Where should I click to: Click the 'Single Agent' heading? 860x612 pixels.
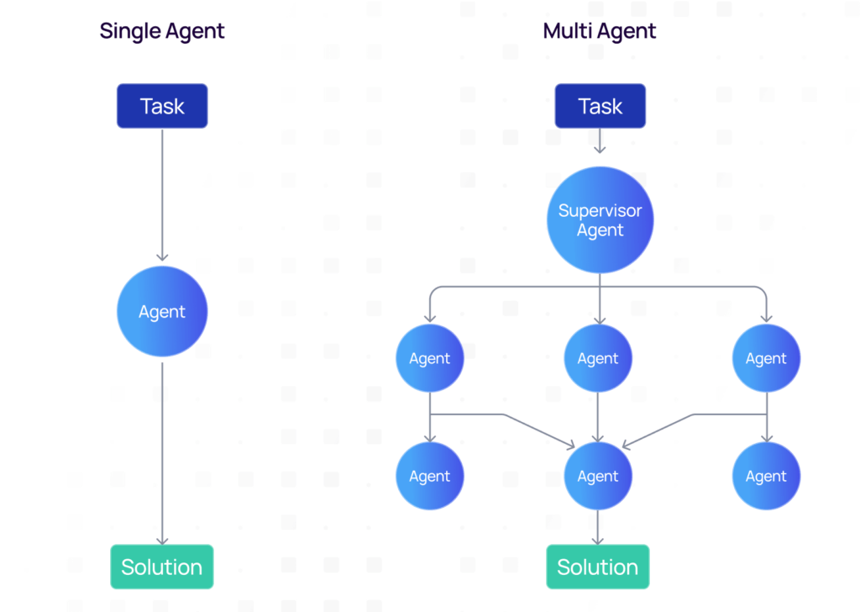(x=162, y=32)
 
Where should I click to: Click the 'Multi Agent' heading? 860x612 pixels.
(x=599, y=32)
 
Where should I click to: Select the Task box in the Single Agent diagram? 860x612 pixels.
(x=162, y=106)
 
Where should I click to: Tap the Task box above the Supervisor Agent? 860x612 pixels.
(x=600, y=106)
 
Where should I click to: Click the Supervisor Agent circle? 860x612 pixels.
(x=600, y=220)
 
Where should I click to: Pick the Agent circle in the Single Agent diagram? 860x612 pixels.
(x=162, y=312)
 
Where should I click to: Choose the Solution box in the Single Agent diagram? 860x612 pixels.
(x=162, y=567)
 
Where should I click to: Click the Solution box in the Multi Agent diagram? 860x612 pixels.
(x=598, y=567)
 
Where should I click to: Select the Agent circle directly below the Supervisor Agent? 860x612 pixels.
(x=598, y=359)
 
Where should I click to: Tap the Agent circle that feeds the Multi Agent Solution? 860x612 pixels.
(x=598, y=477)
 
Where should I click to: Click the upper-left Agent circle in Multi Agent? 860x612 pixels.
(x=430, y=359)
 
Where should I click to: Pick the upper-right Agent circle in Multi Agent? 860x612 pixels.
(x=766, y=359)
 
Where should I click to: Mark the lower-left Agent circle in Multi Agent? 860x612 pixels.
(x=430, y=477)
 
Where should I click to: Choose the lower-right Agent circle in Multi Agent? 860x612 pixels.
(x=766, y=477)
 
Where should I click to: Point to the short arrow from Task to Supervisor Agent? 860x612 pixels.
(x=600, y=141)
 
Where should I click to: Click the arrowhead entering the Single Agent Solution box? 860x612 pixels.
(x=162, y=540)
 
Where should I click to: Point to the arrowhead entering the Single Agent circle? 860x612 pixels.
(x=162, y=256)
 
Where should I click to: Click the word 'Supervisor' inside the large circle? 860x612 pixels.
(x=600, y=210)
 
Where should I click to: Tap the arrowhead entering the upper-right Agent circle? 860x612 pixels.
(x=766, y=318)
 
